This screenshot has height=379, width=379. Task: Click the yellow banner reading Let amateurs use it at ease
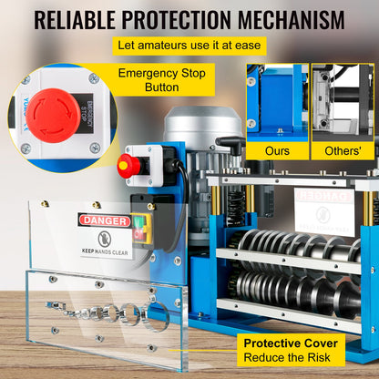pyautogui.click(x=189, y=46)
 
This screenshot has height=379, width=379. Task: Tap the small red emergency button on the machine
pyautogui.click(x=128, y=165)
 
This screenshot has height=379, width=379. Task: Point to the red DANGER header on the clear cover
pyautogui.click(x=102, y=220)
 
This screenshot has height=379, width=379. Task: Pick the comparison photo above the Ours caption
pyautogui.click(x=277, y=99)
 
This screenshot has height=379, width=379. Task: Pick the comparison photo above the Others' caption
pyautogui.click(x=343, y=99)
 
